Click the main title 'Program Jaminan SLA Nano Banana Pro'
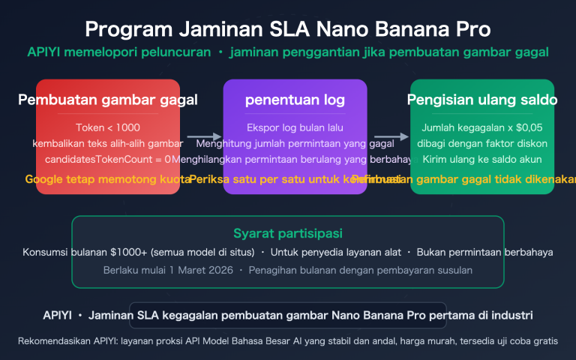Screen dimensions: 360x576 [x=288, y=29]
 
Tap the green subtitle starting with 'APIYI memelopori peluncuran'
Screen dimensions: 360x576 [x=288, y=52]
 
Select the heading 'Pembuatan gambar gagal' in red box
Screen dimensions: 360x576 [x=108, y=100]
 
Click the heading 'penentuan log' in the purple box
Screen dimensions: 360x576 [x=295, y=100]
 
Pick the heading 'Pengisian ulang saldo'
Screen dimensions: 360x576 [x=482, y=100]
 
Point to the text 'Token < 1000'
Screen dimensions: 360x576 [x=108, y=127]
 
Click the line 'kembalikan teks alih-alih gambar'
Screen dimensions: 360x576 [x=108, y=143]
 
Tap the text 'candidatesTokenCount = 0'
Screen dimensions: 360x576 [x=108, y=159]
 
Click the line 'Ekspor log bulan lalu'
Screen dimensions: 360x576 [x=295, y=127]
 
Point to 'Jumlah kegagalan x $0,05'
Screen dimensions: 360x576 [x=482, y=127]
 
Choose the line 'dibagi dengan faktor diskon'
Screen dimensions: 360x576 [x=482, y=143]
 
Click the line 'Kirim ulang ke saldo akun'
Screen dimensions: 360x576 [x=482, y=159]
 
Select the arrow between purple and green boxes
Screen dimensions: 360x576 [x=391, y=137]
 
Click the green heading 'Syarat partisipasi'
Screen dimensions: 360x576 [x=288, y=234]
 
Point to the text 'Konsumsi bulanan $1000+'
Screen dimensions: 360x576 [x=82, y=253]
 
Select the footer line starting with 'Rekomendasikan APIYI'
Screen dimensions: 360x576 [x=288, y=341]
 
